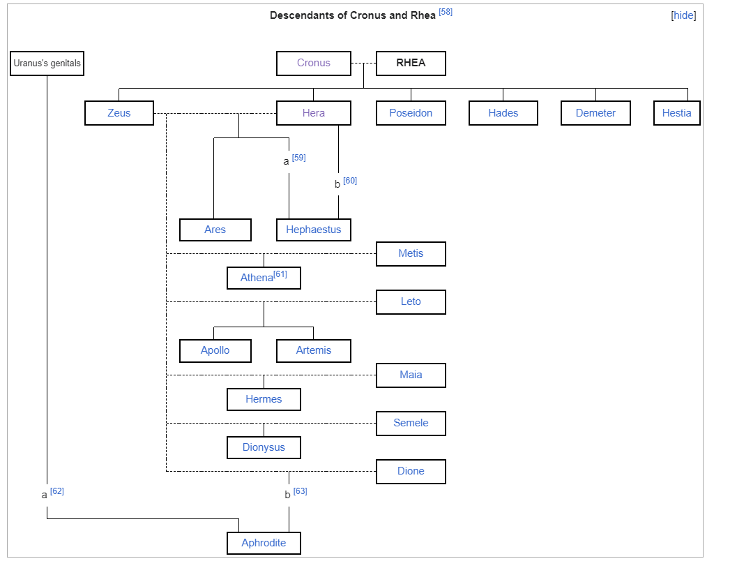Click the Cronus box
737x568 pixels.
point(314,63)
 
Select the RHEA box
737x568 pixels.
point(411,63)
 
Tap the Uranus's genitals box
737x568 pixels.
point(47,63)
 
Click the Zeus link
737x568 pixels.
point(119,113)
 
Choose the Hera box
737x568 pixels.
point(314,113)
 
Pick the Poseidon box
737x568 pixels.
point(411,113)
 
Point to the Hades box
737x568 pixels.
point(503,113)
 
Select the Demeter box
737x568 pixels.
point(595,113)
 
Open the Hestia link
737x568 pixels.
point(676,113)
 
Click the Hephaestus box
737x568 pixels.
point(314,230)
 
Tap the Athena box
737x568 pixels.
point(264,278)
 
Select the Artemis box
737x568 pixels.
point(314,350)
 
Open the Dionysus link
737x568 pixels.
point(264,447)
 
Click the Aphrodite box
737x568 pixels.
point(264,543)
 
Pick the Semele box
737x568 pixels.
point(411,423)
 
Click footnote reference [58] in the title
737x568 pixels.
point(446,12)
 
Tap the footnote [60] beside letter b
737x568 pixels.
point(350,181)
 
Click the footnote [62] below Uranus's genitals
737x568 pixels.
point(57,491)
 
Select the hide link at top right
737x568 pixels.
point(683,15)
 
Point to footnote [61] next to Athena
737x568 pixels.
point(280,274)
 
